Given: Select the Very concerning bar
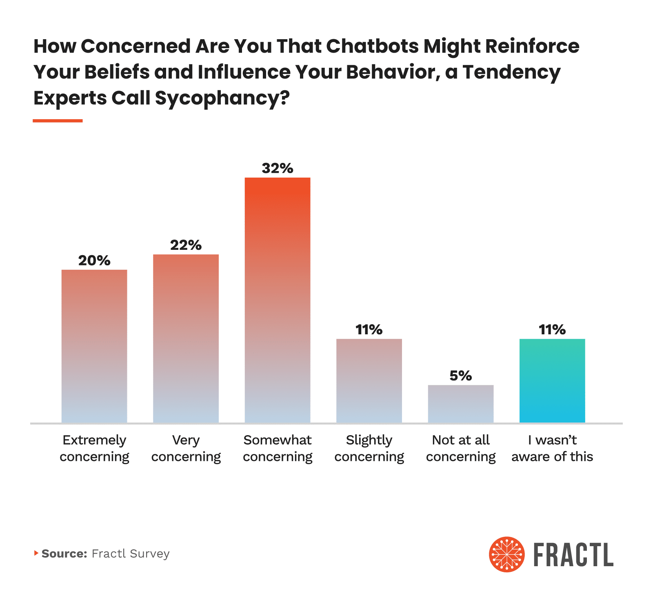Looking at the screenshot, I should pyautogui.click(x=186, y=338).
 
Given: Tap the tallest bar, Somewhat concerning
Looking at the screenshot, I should pyautogui.click(x=278, y=300).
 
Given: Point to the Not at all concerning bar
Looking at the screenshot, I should pyautogui.click(x=461, y=404).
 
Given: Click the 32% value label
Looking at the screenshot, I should pyautogui.click(x=278, y=168).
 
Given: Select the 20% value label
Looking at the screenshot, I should pyautogui.click(x=94, y=260).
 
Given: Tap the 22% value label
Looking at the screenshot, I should pyautogui.click(x=186, y=245).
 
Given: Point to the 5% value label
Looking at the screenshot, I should pyautogui.click(x=461, y=376).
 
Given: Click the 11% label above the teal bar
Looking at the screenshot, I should pyautogui.click(x=552, y=329).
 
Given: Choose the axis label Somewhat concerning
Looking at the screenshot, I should pyautogui.click(x=278, y=448).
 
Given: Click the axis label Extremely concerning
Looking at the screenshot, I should pyautogui.click(x=94, y=448).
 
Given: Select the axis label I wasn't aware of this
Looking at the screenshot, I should pyautogui.click(x=552, y=448).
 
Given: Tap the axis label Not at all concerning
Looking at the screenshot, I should pyautogui.click(x=461, y=448).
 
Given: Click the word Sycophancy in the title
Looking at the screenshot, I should pyautogui.click(x=217, y=98).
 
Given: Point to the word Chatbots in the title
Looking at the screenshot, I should pyautogui.click(x=372, y=46).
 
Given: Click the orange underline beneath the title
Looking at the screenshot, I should pyautogui.click(x=58, y=121).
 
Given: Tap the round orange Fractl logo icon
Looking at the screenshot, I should pyautogui.click(x=507, y=554).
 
